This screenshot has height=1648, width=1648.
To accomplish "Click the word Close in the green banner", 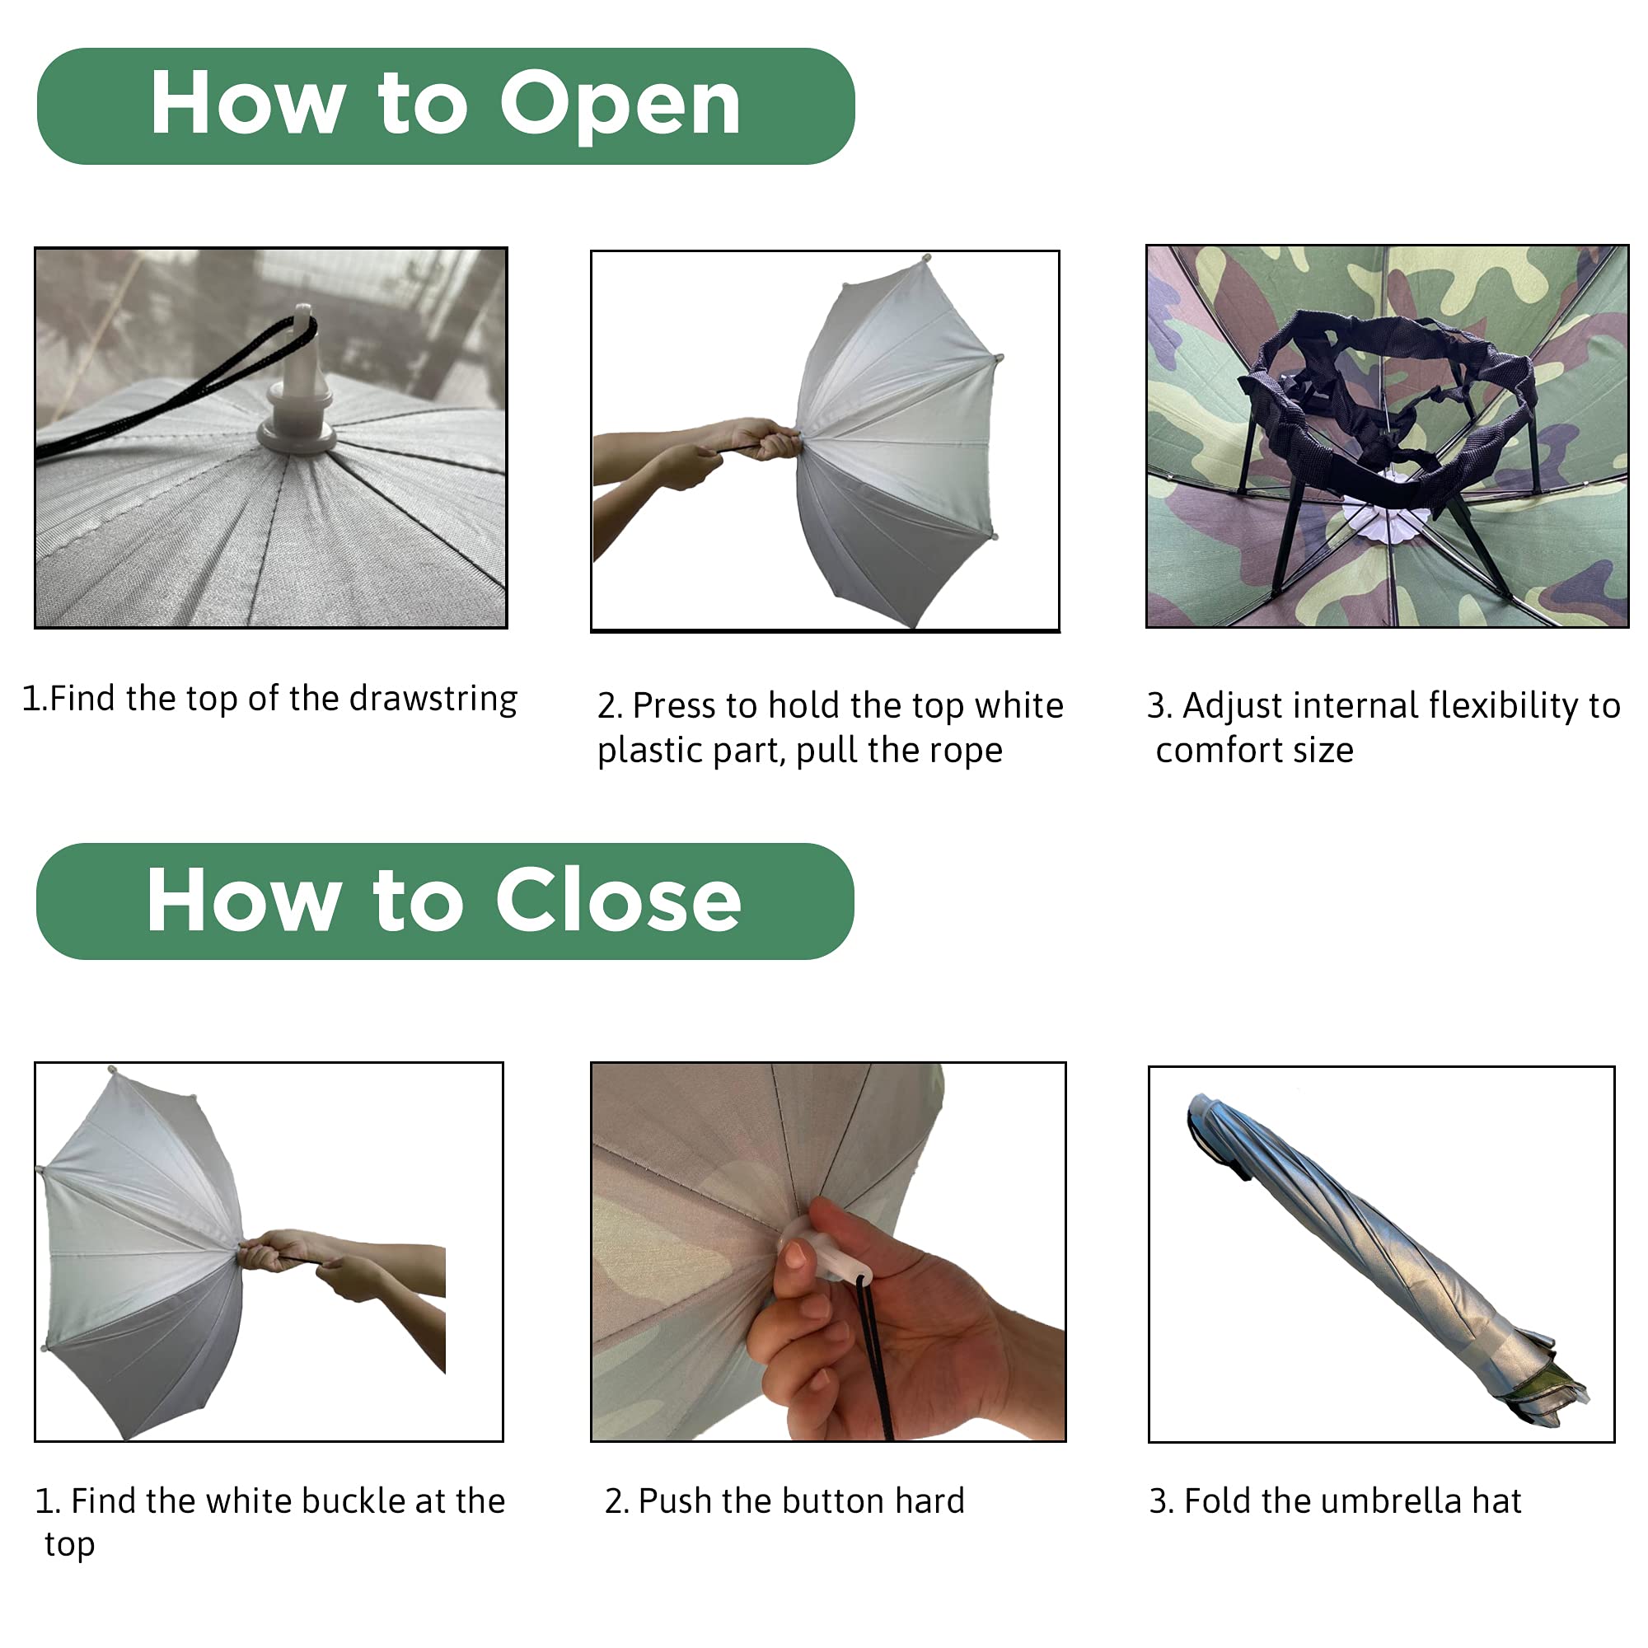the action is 619,901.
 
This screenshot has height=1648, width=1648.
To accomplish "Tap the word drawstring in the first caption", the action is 433,699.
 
